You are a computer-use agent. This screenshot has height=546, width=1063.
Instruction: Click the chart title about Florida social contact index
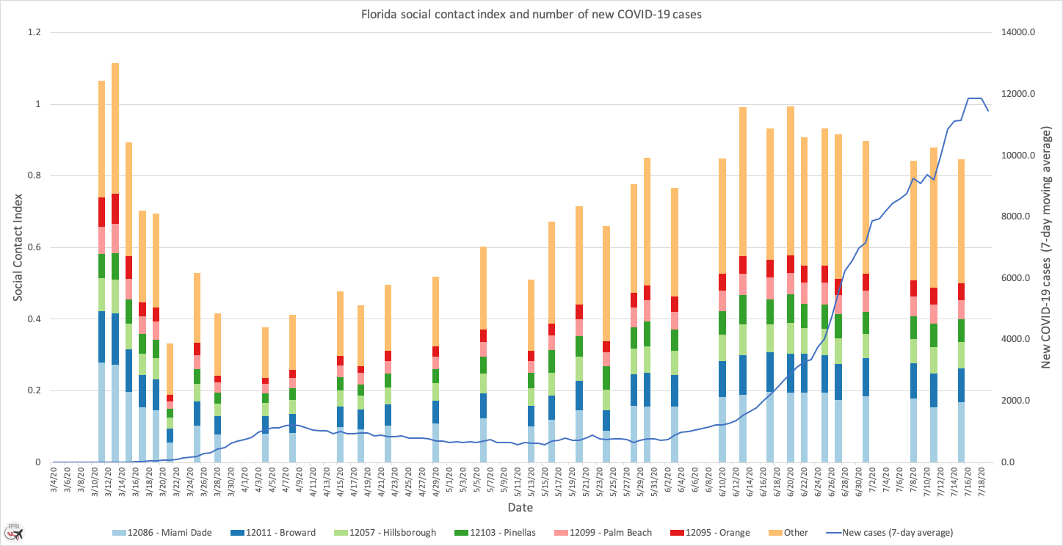pos(531,14)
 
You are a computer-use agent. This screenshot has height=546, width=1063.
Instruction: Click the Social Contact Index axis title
pos(18,247)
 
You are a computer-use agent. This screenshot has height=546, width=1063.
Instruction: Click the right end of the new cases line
pos(988,111)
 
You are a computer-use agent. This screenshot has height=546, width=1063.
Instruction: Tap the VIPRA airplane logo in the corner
pos(12,531)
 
